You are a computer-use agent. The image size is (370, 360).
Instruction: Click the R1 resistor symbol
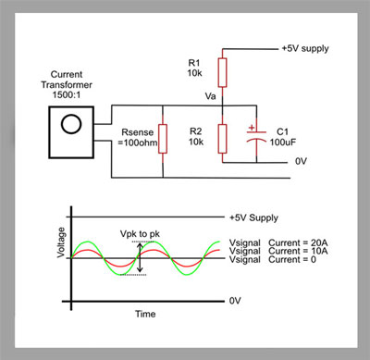222,72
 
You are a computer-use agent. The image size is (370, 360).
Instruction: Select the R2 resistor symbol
222,139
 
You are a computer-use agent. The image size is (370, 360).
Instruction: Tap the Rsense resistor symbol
163,139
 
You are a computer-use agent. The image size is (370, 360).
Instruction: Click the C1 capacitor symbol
256,136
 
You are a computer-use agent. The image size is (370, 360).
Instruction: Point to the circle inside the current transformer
71,124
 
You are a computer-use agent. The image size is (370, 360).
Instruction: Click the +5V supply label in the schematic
305,48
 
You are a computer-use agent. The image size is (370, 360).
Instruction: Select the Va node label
210,96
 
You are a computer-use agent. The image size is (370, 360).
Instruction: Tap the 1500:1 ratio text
67,94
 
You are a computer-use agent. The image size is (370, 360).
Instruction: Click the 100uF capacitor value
283,143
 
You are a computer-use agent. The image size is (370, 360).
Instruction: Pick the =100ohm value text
138,143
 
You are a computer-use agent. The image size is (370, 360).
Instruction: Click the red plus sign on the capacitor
252,128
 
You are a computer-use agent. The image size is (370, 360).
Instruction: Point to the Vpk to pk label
140,234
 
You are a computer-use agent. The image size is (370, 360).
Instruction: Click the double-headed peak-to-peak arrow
140,258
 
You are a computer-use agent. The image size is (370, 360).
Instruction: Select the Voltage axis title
61,242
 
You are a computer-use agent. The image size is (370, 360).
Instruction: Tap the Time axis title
145,314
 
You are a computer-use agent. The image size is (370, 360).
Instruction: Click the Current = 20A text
298,242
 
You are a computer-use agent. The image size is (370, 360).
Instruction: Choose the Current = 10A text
298,251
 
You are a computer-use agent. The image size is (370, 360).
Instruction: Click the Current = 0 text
292,259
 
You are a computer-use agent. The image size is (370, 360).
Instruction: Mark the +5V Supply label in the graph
253,217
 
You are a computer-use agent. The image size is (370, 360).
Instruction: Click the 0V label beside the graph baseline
235,301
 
